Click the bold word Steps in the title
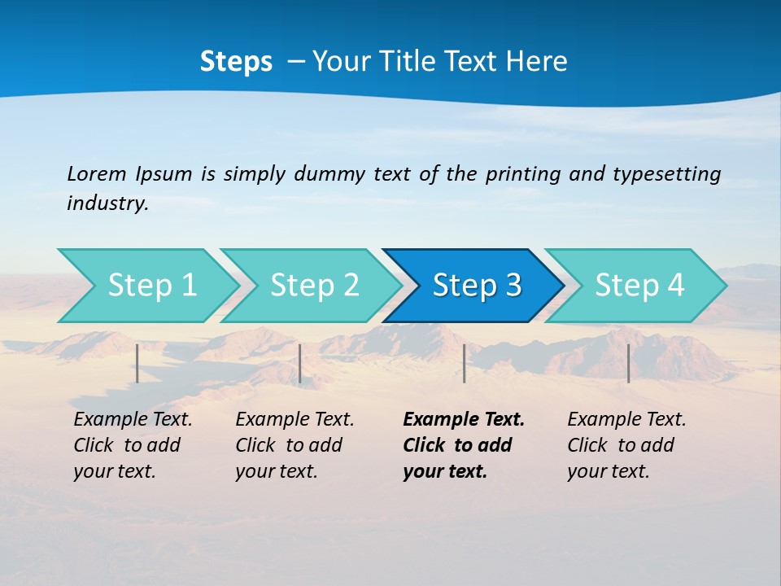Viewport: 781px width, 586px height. point(236,62)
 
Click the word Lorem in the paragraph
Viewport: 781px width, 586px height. point(97,173)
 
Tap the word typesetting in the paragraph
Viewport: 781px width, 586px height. point(666,173)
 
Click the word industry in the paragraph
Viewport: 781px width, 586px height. point(107,203)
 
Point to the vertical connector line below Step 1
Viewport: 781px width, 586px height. point(137,363)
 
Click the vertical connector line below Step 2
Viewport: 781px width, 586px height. point(300,363)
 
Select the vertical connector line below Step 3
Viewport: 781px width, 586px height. point(464,363)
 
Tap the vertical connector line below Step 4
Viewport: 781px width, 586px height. point(628,363)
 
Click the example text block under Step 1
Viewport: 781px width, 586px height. point(132,445)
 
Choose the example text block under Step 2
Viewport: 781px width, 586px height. point(294,445)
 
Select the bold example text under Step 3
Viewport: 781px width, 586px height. point(463,445)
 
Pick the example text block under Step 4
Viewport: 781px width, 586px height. point(626,445)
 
